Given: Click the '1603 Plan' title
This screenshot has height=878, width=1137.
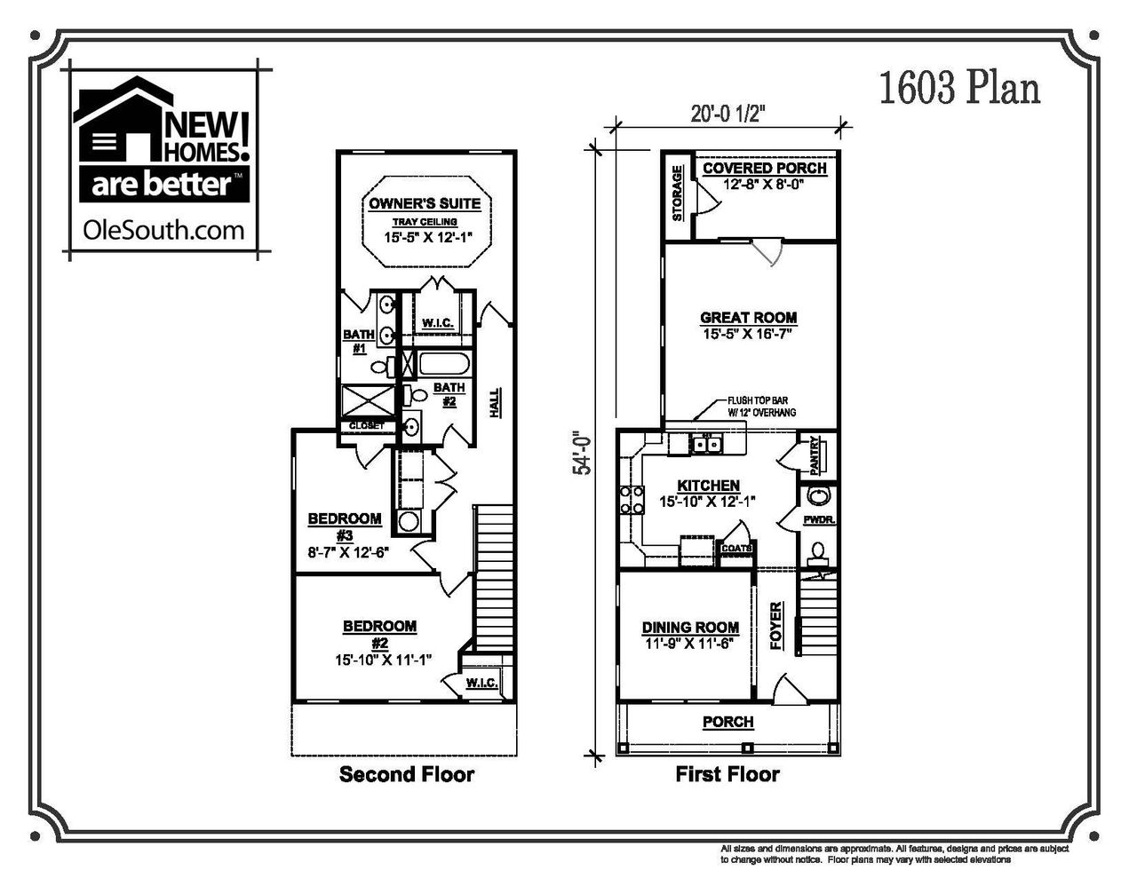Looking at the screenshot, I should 958,89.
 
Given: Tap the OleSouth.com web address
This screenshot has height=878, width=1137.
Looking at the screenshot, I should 163,231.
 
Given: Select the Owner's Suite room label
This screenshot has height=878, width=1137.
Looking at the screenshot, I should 425,203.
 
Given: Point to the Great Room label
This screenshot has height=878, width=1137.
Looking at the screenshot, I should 748,318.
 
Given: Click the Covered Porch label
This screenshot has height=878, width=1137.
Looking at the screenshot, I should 764,169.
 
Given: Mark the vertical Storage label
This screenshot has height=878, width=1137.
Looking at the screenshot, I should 678,193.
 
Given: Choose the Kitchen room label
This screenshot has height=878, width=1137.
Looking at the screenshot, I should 708,486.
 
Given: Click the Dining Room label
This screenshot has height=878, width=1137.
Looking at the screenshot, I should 690,628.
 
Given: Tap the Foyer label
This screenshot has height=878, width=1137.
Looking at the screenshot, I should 776,626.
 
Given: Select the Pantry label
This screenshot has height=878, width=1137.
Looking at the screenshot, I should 814,455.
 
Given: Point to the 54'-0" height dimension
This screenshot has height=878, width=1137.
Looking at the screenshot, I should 583,453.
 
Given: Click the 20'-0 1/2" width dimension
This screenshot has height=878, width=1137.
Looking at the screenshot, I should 728,113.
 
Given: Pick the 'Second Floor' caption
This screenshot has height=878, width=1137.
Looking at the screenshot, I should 407,774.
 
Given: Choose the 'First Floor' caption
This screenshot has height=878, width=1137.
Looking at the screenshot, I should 727,774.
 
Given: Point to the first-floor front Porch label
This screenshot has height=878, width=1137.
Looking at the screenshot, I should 728,722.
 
